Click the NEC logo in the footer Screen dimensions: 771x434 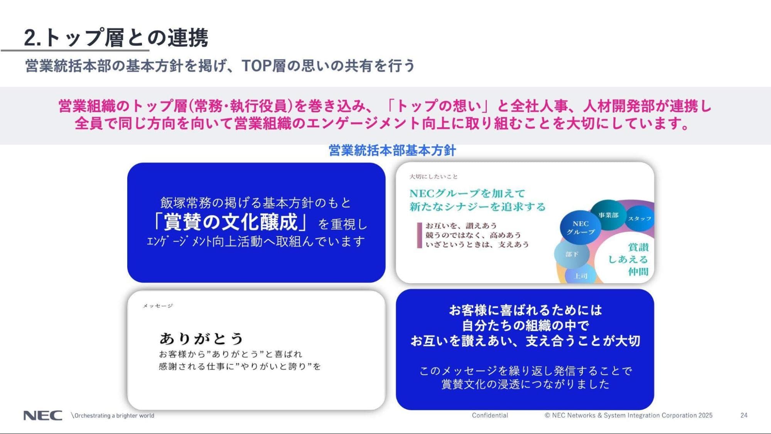[x=43, y=415]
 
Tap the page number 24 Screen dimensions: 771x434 [x=744, y=415]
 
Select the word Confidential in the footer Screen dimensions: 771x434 [x=490, y=415]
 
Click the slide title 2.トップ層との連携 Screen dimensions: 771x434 [x=116, y=37]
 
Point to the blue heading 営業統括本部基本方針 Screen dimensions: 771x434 [x=392, y=150]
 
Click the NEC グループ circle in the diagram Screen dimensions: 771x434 [x=580, y=228]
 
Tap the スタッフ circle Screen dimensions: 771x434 [x=639, y=219]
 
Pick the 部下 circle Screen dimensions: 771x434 [x=572, y=254]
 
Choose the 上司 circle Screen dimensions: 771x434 [x=580, y=275]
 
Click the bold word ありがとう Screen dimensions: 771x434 [x=201, y=338]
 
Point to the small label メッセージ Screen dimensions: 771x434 [x=158, y=306]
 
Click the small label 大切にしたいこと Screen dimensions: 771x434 [x=433, y=177]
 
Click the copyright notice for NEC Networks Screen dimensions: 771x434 [x=628, y=415]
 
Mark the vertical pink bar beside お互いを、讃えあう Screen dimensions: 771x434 [x=419, y=235]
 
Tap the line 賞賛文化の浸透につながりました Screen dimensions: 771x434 [x=525, y=384]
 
